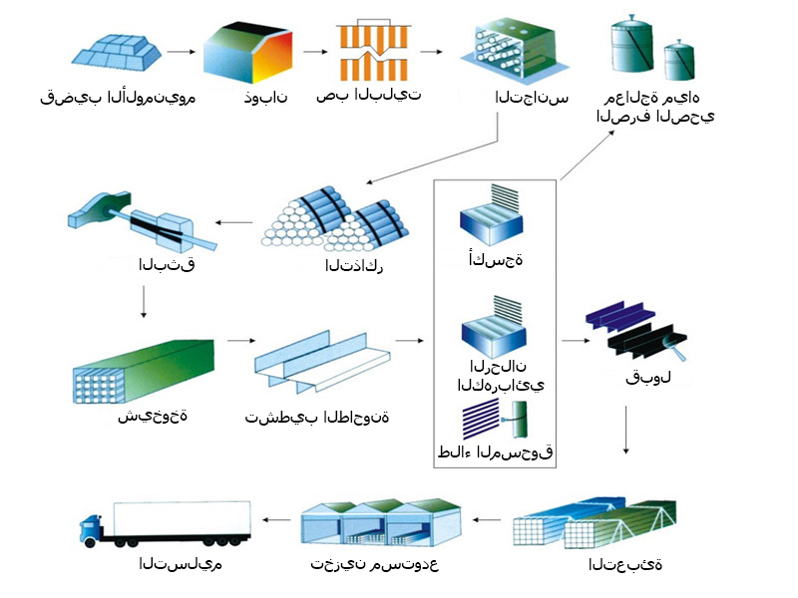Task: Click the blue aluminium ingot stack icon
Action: pyautogui.click(x=116, y=52)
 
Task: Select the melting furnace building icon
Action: pyautogui.click(x=247, y=53)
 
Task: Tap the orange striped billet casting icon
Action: pyautogui.click(x=373, y=51)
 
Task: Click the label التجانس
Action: pyautogui.click(x=532, y=97)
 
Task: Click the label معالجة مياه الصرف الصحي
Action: pyautogui.click(x=655, y=107)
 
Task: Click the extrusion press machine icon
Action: pyautogui.click(x=142, y=220)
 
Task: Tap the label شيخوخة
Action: pyautogui.click(x=153, y=416)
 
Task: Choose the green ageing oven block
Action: pyautogui.click(x=144, y=371)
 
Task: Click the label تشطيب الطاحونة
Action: pyautogui.click(x=317, y=417)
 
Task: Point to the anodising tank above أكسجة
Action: pyautogui.click(x=491, y=216)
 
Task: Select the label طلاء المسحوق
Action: pyautogui.click(x=495, y=451)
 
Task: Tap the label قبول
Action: pyautogui.click(x=647, y=378)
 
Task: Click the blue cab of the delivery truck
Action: pyautogui.click(x=91, y=529)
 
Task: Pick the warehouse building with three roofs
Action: pyautogui.click(x=381, y=523)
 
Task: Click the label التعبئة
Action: pyautogui.click(x=625, y=564)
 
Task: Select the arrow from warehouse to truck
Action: pyautogui.click(x=276, y=519)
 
